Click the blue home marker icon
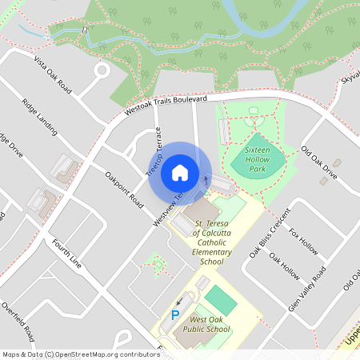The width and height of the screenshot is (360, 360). click(x=180, y=172)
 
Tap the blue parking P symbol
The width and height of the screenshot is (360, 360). click(x=175, y=315)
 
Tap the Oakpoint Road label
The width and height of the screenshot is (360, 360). click(x=123, y=189)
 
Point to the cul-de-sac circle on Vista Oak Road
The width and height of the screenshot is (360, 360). click(x=102, y=70)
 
